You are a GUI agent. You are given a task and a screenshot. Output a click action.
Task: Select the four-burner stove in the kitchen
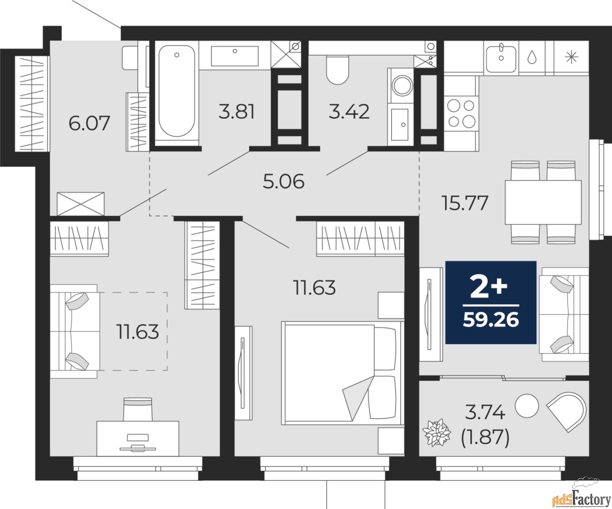click(461, 113)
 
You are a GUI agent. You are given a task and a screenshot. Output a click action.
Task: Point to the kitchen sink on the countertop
click(501, 57)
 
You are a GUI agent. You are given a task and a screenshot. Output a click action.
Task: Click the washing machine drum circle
click(400, 86)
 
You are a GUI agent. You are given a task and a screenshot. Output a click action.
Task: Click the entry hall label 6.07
click(89, 123)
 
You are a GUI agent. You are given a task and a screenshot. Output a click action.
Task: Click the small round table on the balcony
click(529, 404)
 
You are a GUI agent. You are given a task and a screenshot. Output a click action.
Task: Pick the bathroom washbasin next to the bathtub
click(235, 56)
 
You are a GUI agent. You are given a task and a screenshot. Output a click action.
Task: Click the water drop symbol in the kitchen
click(532, 57)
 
